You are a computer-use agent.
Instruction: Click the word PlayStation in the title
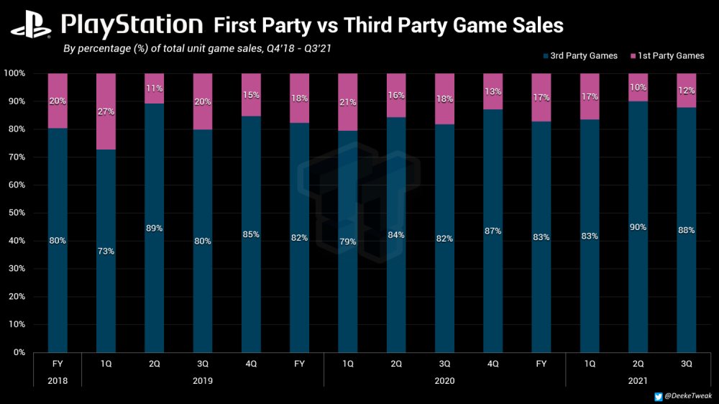click(x=132, y=25)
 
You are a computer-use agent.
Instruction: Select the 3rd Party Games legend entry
click(x=580, y=55)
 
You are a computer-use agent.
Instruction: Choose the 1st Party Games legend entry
click(x=666, y=55)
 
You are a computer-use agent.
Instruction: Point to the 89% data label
click(x=154, y=228)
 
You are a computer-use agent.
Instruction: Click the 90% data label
click(x=638, y=227)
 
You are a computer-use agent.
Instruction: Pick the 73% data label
click(x=106, y=252)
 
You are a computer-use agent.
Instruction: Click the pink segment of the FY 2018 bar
click(x=58, y=101)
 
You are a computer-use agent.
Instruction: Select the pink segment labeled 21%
click(x=348, y=101)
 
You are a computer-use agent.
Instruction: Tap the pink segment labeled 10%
click(x=638, y=87)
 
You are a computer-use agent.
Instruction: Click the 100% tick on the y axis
click(x=14, y=73)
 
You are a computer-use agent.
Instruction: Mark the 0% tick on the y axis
click(x=18, y=353)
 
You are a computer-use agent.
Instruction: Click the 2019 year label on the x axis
click(x=202, y=380)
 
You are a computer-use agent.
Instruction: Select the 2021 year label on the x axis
click(x=638, y=380)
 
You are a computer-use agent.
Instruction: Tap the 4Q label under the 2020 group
click(x=493, y=364)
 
